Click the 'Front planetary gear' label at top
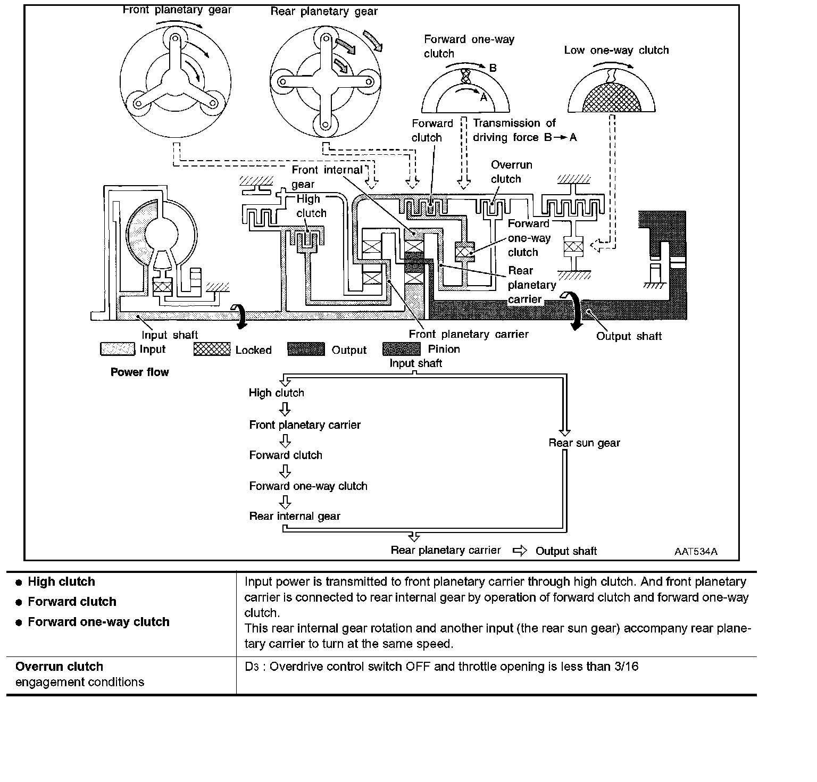[177, 10]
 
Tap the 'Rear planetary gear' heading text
[324, 12]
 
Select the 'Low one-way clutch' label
[616, 50]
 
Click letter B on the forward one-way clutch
[493, 68]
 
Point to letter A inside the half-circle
[483, 98]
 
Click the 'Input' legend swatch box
[118, 350]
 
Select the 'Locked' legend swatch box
[212, 350]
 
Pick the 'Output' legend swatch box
[306, 350]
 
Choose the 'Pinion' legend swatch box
[401, 349]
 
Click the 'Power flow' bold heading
[139, 372]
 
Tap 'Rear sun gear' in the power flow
[584, 443]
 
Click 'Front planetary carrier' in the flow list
[305, 425]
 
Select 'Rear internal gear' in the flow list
[295, 516]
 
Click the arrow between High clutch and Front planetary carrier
[285, 409]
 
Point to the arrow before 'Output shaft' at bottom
[519, 551]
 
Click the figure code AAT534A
[696, 551]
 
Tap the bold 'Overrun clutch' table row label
[59, 667]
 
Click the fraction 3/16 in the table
[626, 667]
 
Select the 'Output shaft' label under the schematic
[629, 336]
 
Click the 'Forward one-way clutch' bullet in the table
[98, 622]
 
